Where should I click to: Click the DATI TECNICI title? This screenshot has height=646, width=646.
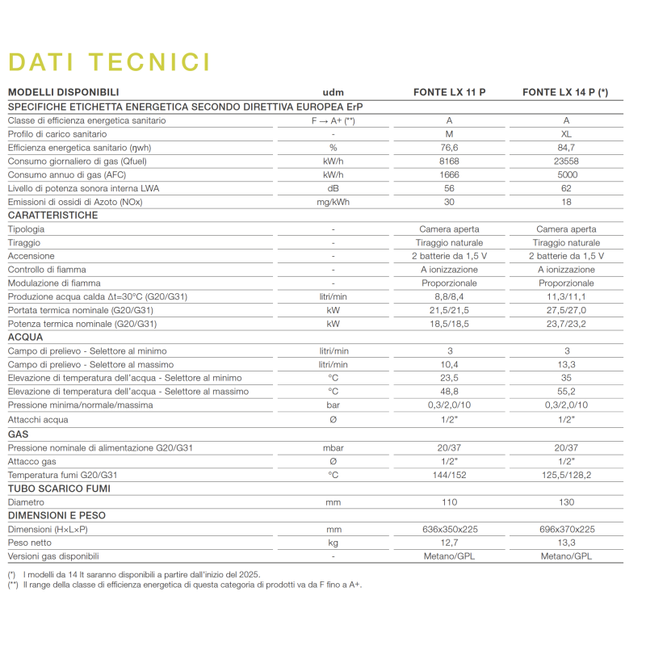[x=109, y=62]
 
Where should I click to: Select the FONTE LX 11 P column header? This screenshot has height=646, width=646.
[x=449, y=92]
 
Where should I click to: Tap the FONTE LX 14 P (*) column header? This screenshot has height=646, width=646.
[x=565, y=92]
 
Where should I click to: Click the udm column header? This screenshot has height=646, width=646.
[x=333, y=92]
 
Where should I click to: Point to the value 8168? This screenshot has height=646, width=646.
[x=449, y=161]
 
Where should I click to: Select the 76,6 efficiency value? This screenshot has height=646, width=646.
[x=449, y=147]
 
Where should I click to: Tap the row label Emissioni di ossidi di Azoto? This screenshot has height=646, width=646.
[x=75, y=202]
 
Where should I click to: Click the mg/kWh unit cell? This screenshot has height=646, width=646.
[x=333, y=202]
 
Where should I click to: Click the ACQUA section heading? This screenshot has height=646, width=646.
[x=26, y=337]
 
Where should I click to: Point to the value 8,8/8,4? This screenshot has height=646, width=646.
[x=449, y=296]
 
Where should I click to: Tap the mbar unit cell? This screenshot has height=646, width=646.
[x=333, y=447]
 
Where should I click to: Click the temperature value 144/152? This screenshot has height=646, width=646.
[x=449, y=475]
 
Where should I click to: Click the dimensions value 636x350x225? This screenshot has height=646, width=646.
[x=449, y=529]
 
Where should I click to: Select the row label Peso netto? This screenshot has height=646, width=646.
[x=31, y=543]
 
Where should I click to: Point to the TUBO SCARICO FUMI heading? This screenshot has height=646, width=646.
[x=59, y=489]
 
